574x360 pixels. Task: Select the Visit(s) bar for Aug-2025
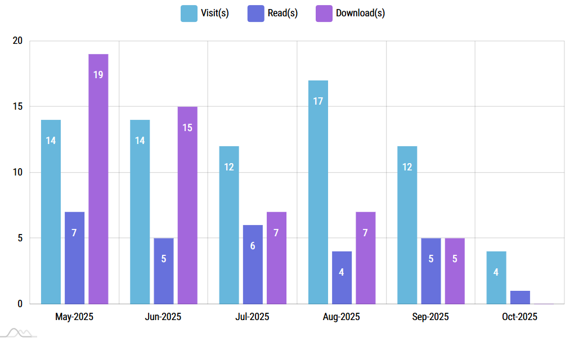318,192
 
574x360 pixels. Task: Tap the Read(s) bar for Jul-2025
253,264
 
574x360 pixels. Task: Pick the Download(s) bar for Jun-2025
187,205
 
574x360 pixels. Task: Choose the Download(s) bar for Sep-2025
455,271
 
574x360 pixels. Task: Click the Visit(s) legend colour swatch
189,13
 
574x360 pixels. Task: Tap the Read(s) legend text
282,13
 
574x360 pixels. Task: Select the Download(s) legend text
360,13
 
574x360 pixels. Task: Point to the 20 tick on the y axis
17,41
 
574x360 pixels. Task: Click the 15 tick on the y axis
17,107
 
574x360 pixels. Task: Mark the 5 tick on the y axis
20,238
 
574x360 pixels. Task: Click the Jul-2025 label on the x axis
252,317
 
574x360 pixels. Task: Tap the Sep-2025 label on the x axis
430,317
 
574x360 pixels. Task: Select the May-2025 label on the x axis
74,317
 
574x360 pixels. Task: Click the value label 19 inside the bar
98,74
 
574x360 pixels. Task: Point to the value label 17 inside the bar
318,101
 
